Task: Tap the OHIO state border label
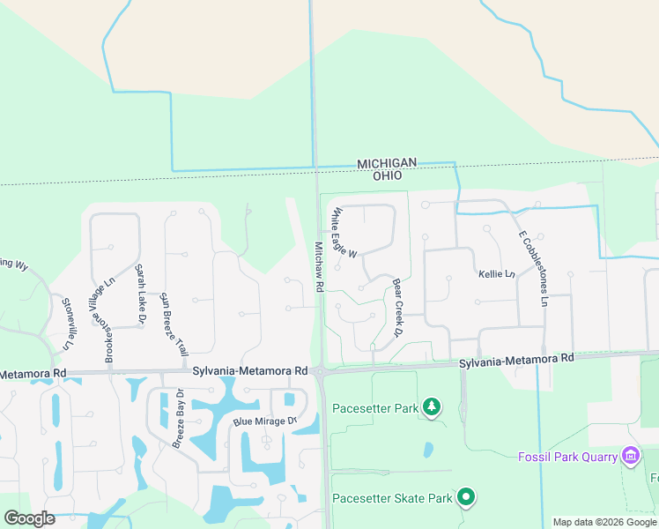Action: coord(387,175)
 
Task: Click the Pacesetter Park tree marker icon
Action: coord(432,407)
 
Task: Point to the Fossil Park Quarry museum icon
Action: coord(631,455)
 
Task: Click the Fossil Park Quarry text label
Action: coord(568,457)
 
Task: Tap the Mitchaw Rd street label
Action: coord(320,268)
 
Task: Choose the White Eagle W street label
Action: coord(344,233)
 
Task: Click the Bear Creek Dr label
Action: coord(397,309)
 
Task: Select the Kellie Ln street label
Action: coord(496,274)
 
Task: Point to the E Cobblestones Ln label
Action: coord(533,268)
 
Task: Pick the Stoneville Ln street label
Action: coord(69,321)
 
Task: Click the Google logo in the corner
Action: coord(30,518)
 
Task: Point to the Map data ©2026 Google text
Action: coord(604,522)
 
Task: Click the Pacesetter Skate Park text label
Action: coord(392,499)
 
